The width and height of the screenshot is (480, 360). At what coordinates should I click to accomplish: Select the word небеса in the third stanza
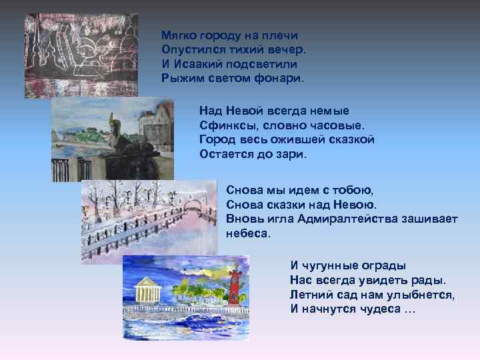click(x=249, y=233)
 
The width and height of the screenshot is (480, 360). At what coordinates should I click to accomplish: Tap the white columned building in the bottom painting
click(x=147, y=291)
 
